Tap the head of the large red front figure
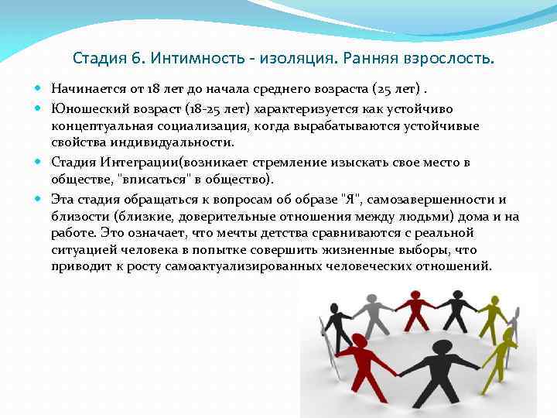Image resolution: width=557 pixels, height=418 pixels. click(358, 341)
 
